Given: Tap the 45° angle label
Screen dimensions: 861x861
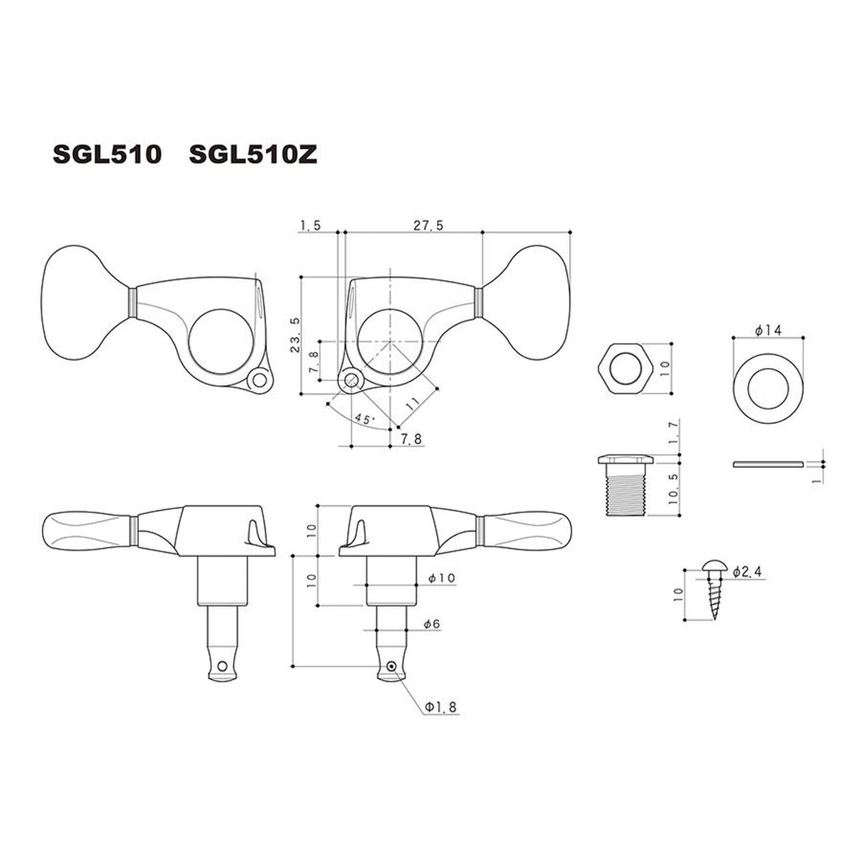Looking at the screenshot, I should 364,419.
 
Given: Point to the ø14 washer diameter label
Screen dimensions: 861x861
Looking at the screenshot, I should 768,330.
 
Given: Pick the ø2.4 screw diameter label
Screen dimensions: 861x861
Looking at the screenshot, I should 749,572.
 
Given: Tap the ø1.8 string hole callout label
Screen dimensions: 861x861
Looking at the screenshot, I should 440,707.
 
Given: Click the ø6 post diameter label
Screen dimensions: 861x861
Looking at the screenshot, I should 431,623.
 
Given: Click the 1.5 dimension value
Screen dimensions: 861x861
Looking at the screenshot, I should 311,226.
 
